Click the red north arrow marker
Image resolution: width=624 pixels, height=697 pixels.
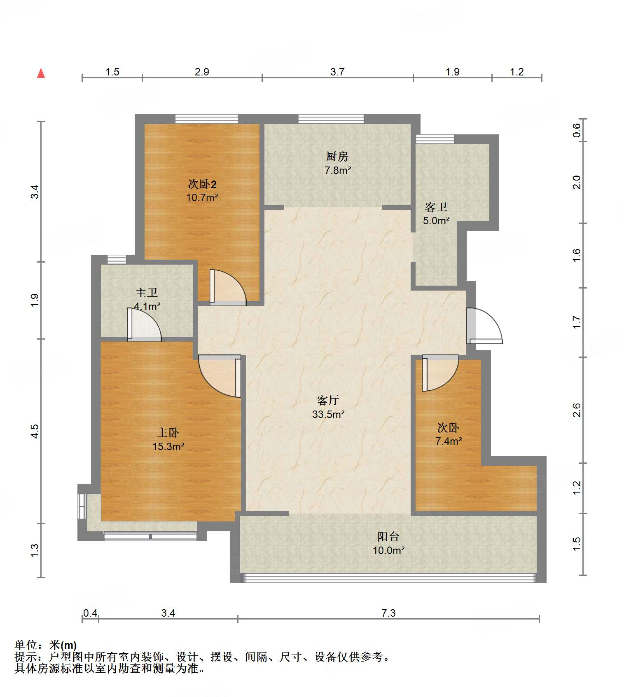(x=41, y=73)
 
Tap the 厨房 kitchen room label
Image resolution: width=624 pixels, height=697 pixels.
(x=337, y=156)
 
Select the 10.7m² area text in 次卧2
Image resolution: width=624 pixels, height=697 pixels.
(x=202, y=197)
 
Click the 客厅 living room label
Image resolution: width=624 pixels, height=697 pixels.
(x=328, y=400)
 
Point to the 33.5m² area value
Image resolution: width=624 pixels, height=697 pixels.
(x=328, y=414)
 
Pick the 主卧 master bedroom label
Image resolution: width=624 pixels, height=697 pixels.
(x=168, y=432)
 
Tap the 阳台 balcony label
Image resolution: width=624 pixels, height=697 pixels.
(x=388, y=536)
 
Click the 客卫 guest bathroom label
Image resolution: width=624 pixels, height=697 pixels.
(x=436, y=207)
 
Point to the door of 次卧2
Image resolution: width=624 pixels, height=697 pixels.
(x=228, y=287)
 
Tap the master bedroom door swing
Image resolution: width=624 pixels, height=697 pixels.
(x=220, y=376)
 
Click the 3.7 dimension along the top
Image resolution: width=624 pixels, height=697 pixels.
(x=337, y=72)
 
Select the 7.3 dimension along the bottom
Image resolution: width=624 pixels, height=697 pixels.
(x=388, y=613)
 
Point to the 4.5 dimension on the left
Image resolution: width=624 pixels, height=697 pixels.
(x=35, y=431)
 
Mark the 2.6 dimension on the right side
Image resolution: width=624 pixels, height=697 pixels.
(x=577, y=410)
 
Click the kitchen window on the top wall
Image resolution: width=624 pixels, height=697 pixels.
(x=331, y=119)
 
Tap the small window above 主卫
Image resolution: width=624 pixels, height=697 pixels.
(x=117, y=259)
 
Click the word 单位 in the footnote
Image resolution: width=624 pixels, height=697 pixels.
(x=26, y=645)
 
